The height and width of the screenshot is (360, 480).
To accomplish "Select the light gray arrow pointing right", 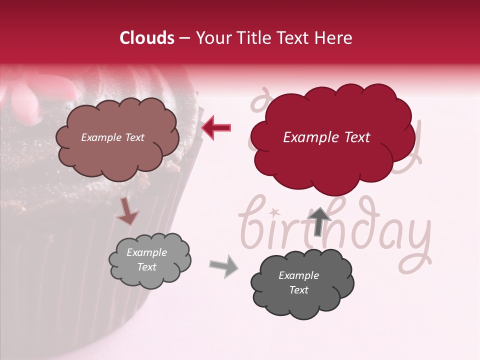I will tap(223, 266).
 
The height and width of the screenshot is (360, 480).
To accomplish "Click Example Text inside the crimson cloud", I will tap(326, 137).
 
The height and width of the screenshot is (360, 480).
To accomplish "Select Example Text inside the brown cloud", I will tap(112, 137).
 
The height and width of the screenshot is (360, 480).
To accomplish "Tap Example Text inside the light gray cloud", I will tap(146, 260).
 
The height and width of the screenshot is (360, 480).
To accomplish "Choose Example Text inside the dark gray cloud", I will tap(298, 282).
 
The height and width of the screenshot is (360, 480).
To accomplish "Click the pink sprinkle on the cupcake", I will tap(25, 102).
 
